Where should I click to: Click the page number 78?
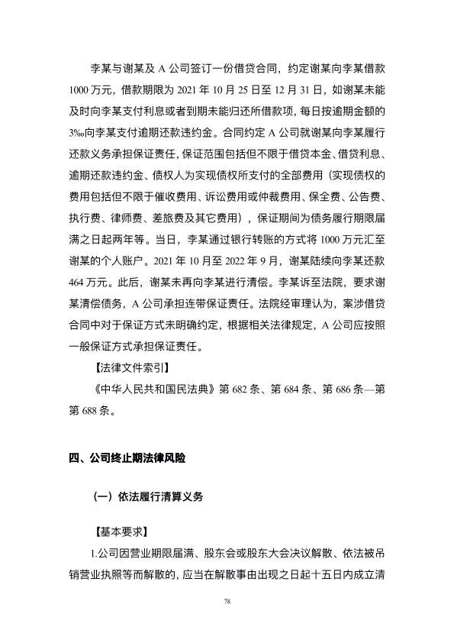(227, 602)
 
